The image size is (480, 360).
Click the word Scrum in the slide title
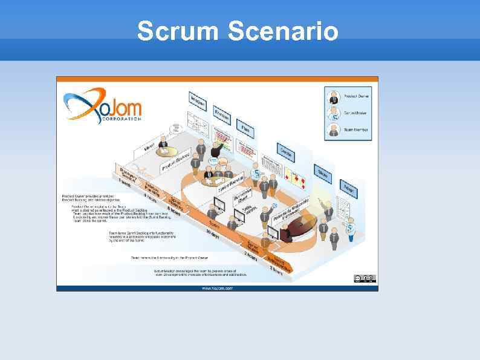click(x=177, y=31)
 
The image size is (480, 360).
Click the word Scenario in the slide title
click(x=284, y=31)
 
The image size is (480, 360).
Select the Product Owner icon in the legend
click(x=334, y=96)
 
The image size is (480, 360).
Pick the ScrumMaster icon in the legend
click(x=334, y=113)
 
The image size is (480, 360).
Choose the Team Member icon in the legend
click(x=334, y=129)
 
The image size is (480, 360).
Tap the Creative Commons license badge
click(x=365, y=278)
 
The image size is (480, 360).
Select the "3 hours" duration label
click(x=277, y=270)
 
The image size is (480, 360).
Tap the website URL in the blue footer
click(x=216, y=288)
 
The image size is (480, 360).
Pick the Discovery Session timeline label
click(x=128, y=174)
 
